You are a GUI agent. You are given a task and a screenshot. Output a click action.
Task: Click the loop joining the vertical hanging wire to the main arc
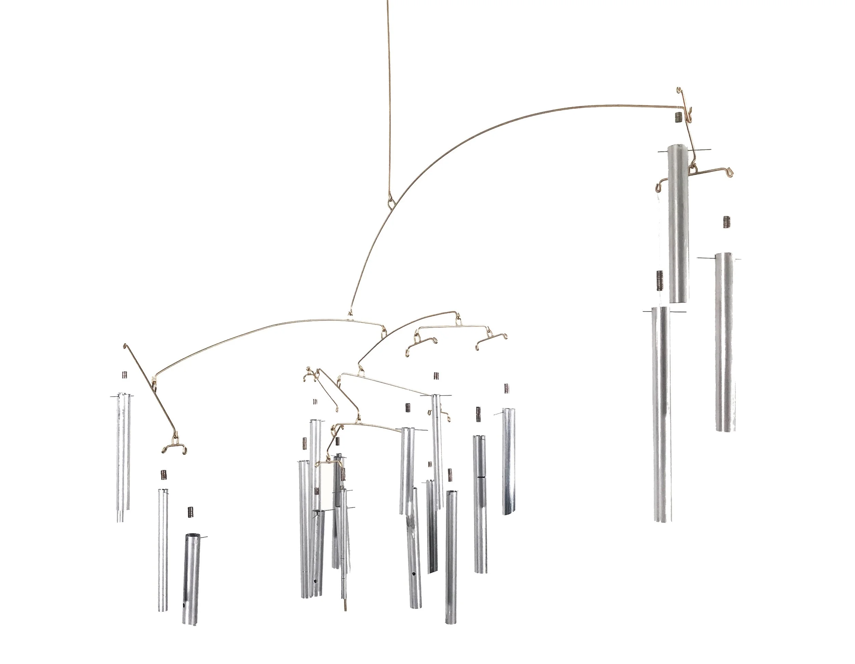tap(392, 203)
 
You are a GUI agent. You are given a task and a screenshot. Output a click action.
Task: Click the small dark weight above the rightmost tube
tap(727, 222)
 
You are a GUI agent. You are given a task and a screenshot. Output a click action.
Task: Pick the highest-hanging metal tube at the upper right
tap(679, 223)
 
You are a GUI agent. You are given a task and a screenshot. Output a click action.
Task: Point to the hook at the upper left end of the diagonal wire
tap(125, 346)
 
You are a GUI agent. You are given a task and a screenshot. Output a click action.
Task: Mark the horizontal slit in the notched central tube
tap(481, 477)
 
